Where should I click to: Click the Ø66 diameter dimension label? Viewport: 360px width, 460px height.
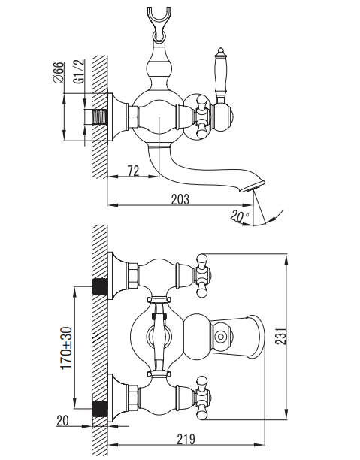pyautogui.click(x=59, y=72)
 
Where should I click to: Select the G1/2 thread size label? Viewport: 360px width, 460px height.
pyautogui.click(x=79, y=71)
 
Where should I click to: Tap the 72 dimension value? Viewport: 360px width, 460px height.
pyautogui.click(x=133, y=171)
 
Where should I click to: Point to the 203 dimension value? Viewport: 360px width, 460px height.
pyautogui.click(x=180, y=199)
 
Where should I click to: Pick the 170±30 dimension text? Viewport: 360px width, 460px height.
pyautogui.click(x=67, y=348)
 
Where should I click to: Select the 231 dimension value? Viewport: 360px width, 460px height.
pyautogui.click(x=281, y=336)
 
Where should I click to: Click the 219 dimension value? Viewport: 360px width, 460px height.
pyautogui.click(x=186, y=439)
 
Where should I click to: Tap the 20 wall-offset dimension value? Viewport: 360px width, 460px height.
pyautogui.click(x=62, y=420)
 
